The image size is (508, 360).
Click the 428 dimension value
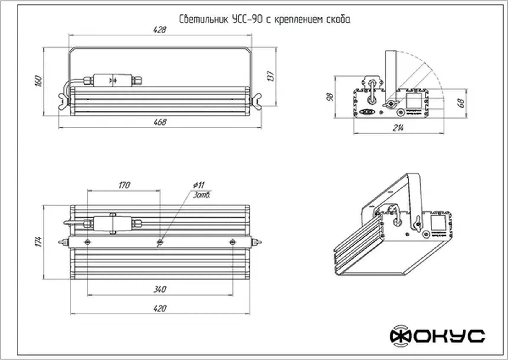coord(160,30)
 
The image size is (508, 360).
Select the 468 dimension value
coord(160,122)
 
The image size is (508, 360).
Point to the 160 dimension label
coord(38,81)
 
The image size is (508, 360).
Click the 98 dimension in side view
coord(330,97)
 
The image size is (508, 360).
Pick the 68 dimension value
coord(461,103)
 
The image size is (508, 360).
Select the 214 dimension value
coord(398,128)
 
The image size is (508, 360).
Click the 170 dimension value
coord(124,185)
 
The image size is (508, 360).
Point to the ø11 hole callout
coord(199,185)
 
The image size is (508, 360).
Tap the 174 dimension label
coord(38,241)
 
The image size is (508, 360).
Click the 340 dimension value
coord(160,289)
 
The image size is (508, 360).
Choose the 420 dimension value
coord(160,308)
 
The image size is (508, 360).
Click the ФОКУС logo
coord(437,336)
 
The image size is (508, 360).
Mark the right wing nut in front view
coord(256,101)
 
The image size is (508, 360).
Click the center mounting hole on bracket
coord(160,242)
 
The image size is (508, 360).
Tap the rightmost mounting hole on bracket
coord(232,242)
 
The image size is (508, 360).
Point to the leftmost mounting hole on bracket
coord(87,242)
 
